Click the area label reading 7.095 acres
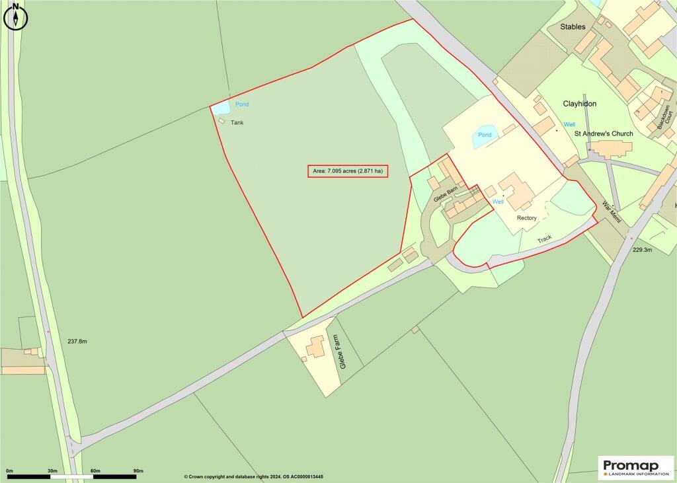coord(347,171)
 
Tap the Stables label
coord(573,27)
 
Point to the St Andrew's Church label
coord(603,133)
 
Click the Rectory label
coord(527,218)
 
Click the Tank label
coord(237,123)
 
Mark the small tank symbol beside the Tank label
coord(222,121)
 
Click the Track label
coord(544,239)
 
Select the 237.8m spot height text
coord(77,342)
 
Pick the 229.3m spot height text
coord(642,250)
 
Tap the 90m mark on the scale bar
coord(138,470)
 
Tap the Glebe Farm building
coord(316,346)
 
